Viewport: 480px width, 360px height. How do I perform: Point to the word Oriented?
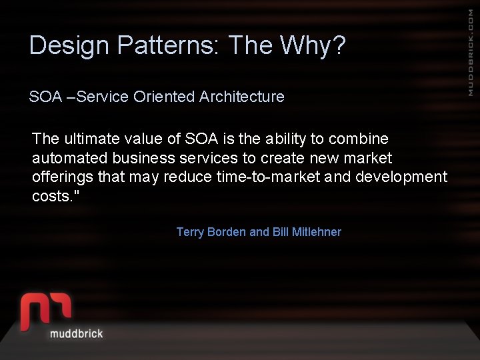coord(164,97)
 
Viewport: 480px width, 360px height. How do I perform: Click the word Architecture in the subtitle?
coord(241,97)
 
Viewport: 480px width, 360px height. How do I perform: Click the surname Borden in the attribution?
coord(227,232)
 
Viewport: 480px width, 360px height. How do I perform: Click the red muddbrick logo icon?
coord(45,309)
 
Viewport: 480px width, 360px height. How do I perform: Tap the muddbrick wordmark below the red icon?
coord(77,333)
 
